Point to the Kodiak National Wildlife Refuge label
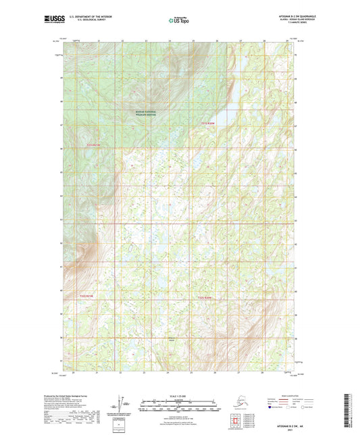pos(145,113)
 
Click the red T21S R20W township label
pos(207,124)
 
